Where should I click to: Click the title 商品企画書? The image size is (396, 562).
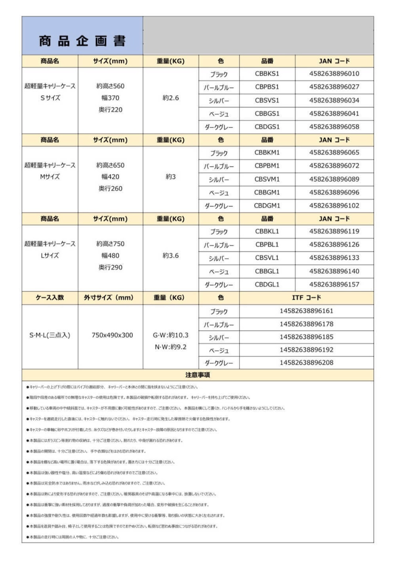[x=82, y=41]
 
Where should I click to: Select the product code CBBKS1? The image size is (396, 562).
[x=267, y=74]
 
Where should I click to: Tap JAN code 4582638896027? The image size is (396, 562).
[x=334, y=87]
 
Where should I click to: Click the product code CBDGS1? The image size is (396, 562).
[x=267, y=127]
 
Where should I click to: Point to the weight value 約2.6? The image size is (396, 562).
[x=170, y=98]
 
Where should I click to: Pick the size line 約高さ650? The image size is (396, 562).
[x=110, y=165]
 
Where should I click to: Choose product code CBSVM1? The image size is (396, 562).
[x=267, y=179]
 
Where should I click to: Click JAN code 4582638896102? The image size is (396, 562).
[x=334, y=206]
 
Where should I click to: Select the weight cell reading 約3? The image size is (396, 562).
[x=170, y=177]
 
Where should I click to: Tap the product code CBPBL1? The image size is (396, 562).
[x=267, y=245]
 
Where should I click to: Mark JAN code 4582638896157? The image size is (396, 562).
[x=334, y=284]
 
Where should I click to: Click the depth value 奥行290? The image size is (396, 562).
[x=110, y=267]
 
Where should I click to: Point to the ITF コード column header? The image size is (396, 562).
[x=306, y=298]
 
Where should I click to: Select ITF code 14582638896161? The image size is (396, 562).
[x=306, y=311]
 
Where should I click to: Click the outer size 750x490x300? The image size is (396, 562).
[x=112, y=335]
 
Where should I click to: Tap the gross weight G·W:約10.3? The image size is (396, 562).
[x=170, y=335]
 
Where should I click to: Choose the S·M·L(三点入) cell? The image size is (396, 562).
[x=49, y=335]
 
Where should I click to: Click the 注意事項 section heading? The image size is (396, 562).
[x=197, y=375]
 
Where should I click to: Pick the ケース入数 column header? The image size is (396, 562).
[x=49, y=298]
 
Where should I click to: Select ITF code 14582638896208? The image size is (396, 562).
[x=306, y=363]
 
